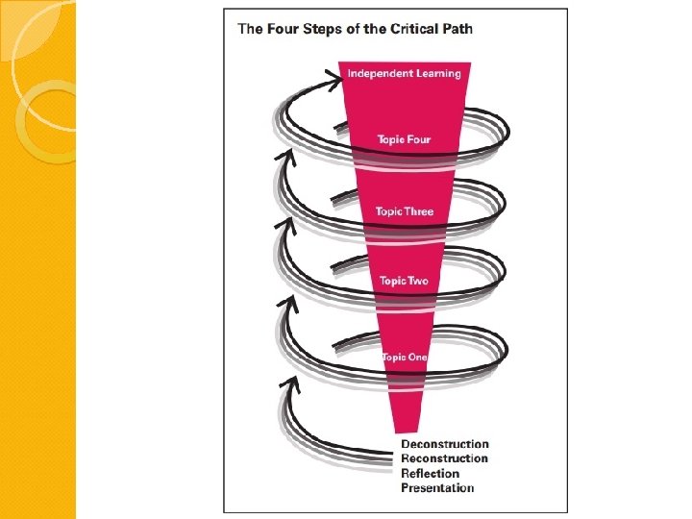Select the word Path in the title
tap(457, 29)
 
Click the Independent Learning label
tap(404, 74)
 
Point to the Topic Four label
tap(404, 139)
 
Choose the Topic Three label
tap(405, 211)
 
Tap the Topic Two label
tap(404, 281)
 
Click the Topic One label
tap(404, 358)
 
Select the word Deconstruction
tap(444, 444)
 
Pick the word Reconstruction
tap(444, 458)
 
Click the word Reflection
tap(430, 473)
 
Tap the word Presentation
tap(437, 488)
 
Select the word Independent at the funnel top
tap(378, 74)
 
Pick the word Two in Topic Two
tap(417, 281)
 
